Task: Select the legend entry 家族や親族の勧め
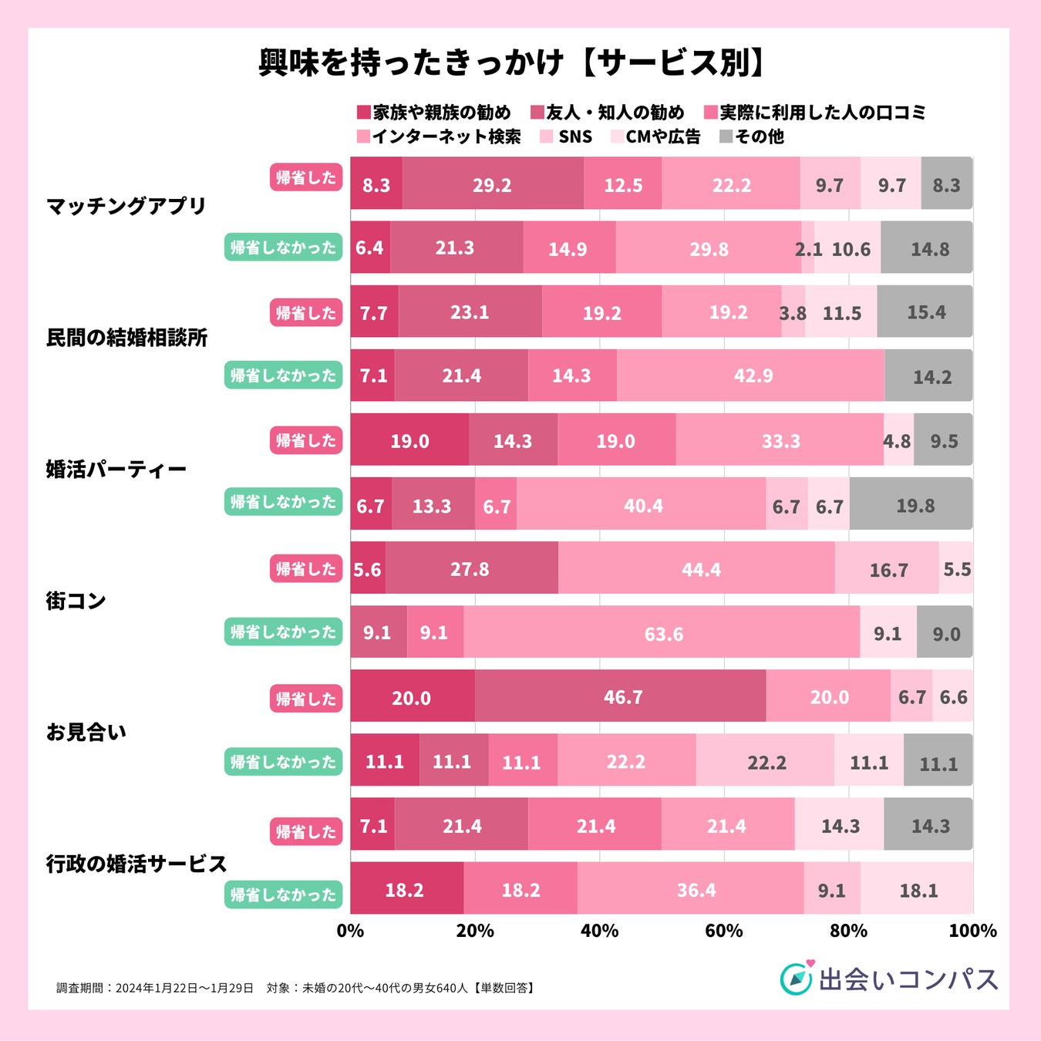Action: point(434,113)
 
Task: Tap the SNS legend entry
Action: point(567,136)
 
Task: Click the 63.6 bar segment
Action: point(662,633)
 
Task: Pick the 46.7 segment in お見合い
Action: point(621,696)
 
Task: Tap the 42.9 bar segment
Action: point(751,376)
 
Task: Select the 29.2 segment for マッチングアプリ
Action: point(492,184)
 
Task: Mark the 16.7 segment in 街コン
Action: point(887,569)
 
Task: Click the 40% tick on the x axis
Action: point(599,931)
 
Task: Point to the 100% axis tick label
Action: point(972,931)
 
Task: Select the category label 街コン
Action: point(76,601)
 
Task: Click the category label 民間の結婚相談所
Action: point(126,338)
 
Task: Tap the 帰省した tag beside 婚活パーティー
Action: point(305,440)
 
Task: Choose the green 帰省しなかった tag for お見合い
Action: point(283,762)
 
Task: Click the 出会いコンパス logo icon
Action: point(797,978)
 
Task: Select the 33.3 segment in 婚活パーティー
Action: point(780,440)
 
